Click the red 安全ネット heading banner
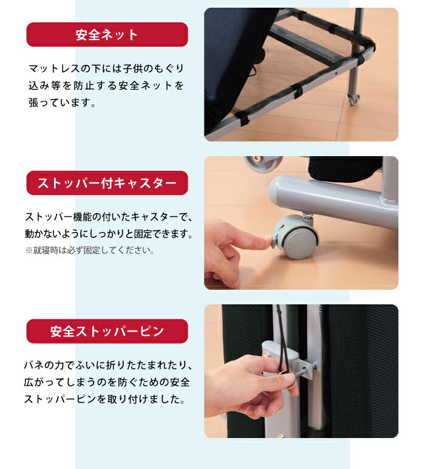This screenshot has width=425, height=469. tap(107, 35)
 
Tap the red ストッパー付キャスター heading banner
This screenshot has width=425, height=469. tap(107, 183)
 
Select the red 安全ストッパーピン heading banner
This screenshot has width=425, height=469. tap(107, 331)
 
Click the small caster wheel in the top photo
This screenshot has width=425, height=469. tap(353, 98)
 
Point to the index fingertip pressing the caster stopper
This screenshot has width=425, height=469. tap(267, 242)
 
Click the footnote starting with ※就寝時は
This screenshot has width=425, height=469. tap(90, 250)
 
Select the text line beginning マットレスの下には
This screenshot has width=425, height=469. tap(106, 68)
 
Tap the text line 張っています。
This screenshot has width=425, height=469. tap(62, 103)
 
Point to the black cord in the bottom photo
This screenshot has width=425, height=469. tap(280, 340)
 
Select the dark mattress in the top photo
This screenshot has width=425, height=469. tap(231, 61)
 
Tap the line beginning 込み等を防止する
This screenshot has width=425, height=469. tap(106, 86)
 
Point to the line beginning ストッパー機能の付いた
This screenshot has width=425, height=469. tap(108, 217)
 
